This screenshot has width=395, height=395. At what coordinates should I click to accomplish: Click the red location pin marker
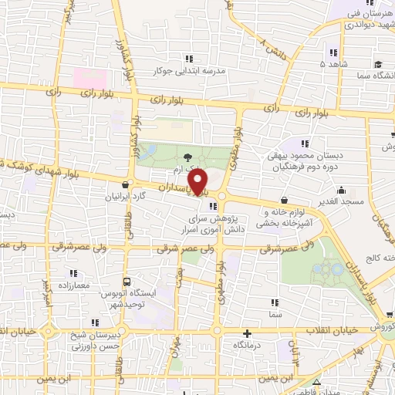tap(199, 181)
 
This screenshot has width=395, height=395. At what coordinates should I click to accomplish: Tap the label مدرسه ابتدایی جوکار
tap(190, 70)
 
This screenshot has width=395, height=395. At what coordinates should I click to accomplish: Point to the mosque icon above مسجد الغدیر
tap(340, 189)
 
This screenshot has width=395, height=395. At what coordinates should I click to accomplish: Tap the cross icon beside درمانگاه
tap(246, 334)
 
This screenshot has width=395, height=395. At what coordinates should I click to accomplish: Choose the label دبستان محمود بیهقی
tap(305, 155)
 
